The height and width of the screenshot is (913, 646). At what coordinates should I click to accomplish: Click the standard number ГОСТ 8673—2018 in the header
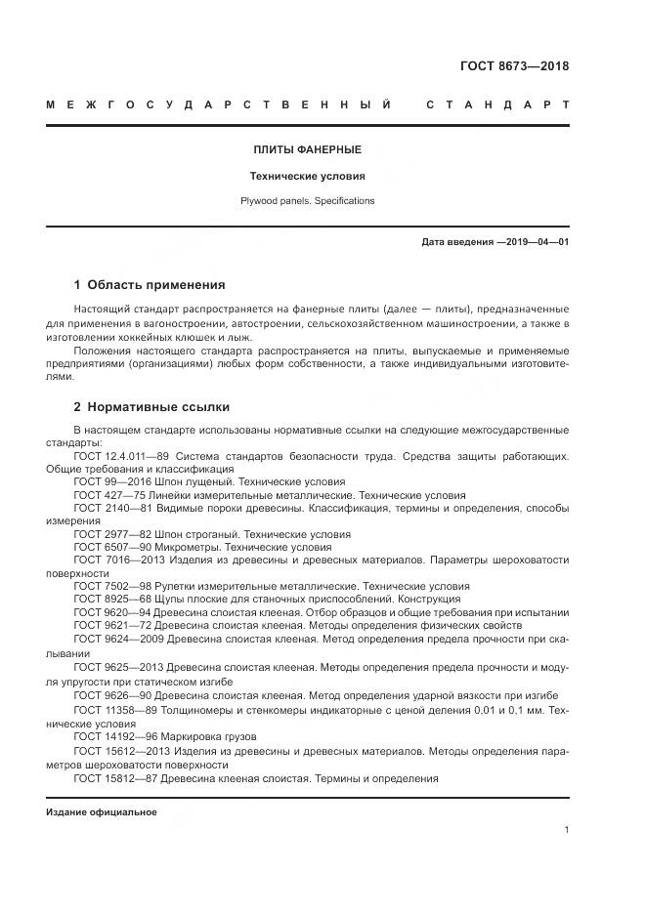point(514,66)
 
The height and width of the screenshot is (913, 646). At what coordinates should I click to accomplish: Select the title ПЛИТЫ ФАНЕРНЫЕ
point(307,149)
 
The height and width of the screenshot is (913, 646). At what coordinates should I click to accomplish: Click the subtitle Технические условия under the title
point(307,177)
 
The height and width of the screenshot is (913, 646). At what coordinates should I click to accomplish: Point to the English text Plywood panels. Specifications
point(307,201)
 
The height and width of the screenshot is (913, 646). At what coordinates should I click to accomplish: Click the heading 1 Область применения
point(150,285)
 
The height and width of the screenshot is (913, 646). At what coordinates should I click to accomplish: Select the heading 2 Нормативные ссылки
point(151,406)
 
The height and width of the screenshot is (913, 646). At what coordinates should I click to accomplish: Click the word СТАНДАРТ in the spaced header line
point(497,104)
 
